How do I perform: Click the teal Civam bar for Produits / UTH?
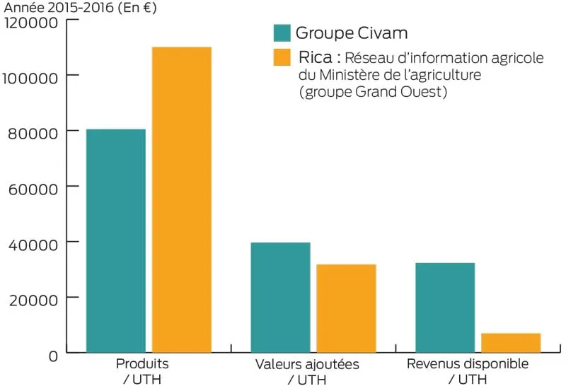click(115, 240)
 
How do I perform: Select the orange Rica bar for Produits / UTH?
click(181, 199)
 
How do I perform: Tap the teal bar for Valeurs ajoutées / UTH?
click(280, 297)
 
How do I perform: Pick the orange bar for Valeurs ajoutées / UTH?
click(346, 308)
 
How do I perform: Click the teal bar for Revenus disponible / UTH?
click(445, 307)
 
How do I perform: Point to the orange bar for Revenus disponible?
click(511, 342)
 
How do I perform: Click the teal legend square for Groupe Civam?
click(282, 33)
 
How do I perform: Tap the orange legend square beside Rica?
click(282, 57)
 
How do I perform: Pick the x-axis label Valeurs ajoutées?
click(306, 364)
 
